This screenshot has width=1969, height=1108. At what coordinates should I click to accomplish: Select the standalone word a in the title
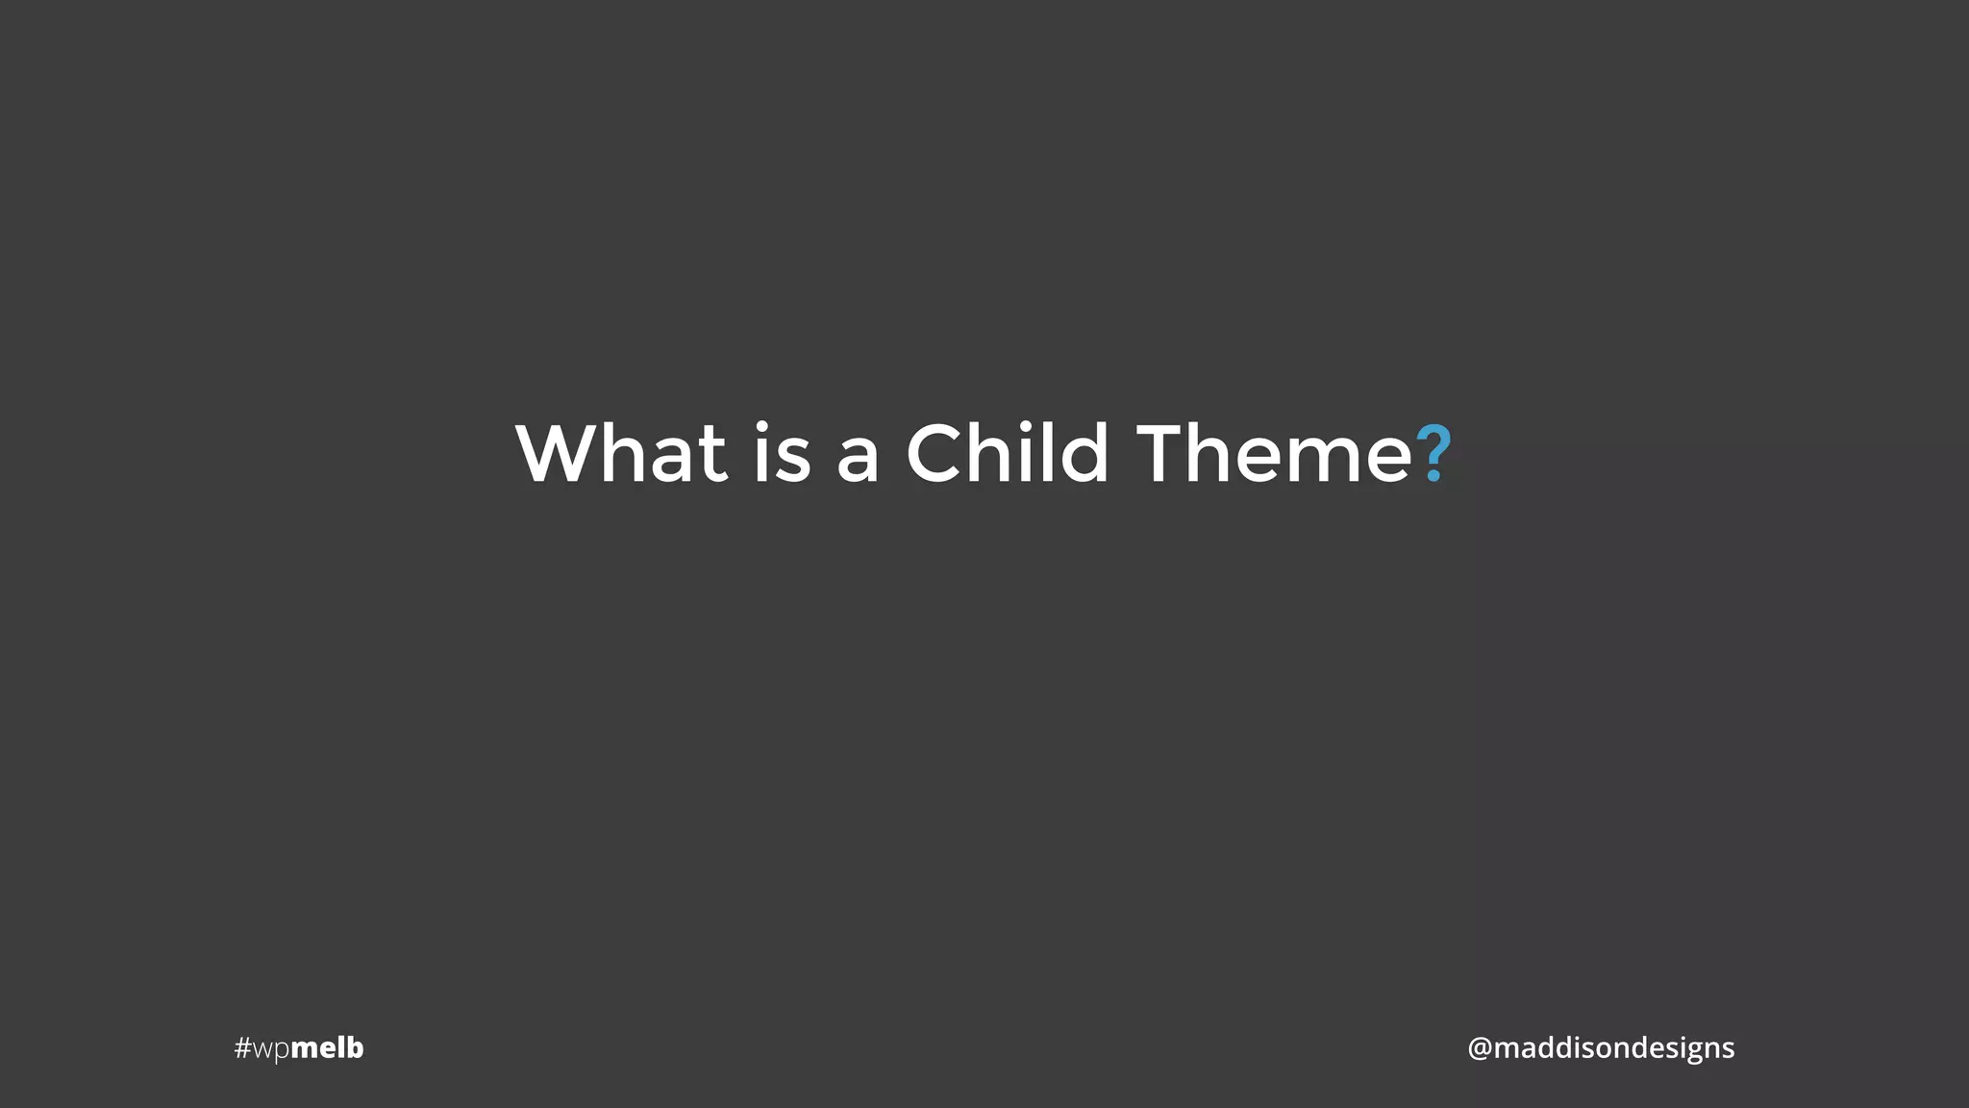(x=858, y=459)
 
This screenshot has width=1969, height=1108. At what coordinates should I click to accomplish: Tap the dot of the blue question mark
(x=1433, y=475)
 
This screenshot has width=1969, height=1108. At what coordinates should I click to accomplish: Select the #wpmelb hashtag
(x=299, y=1047)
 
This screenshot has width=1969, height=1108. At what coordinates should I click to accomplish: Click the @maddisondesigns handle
(x=1601, y=1047)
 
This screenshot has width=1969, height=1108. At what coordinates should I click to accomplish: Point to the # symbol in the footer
(x=242, y=1047)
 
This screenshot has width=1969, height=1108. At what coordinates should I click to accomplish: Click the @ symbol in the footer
(x=1479, y=1047)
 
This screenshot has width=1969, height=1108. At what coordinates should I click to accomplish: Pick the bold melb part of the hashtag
(x=327, y=1047)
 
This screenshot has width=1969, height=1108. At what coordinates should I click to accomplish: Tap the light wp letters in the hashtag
(x=270, y=1049)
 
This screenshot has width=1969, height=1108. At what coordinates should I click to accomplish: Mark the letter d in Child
(x=1086, y=452)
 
